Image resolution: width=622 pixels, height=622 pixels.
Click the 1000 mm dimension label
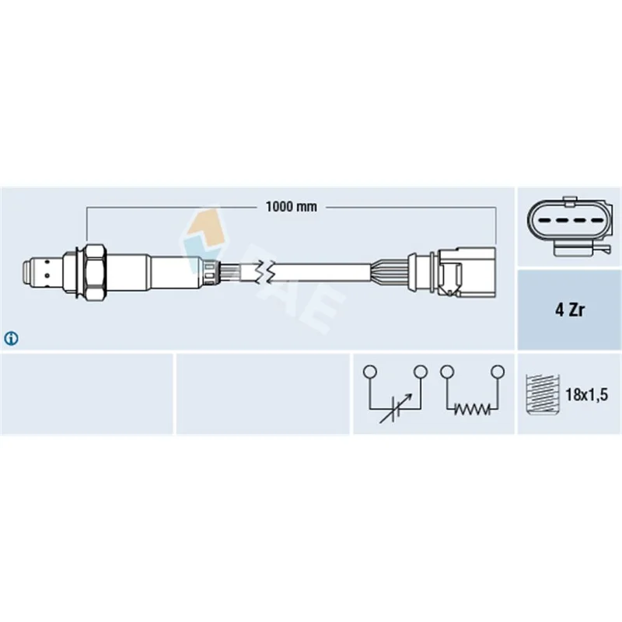click(x=291, y=207)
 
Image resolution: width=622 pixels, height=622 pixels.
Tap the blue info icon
click(x=11, y=338)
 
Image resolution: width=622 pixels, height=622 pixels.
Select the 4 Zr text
click(x=570, y=309)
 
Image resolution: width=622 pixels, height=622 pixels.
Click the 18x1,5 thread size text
click(x=586, y=394)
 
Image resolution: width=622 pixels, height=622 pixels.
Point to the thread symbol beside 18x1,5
click(x=542, y=394)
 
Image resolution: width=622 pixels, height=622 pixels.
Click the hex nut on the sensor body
click(x=95, y=271)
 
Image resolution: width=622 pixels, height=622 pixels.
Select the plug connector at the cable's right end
click(x=467, y=271)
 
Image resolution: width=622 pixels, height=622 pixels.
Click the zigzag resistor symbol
click(x=472, y=409)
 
